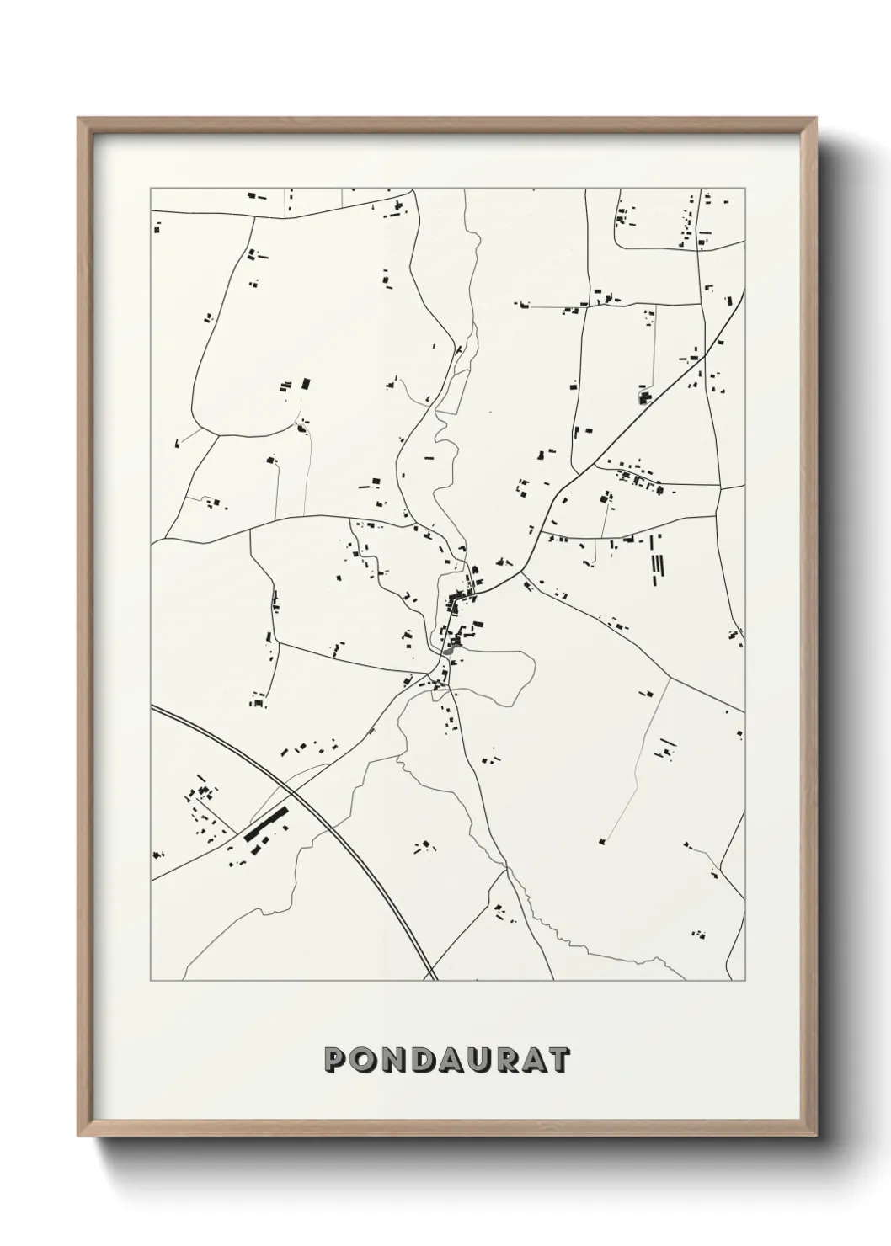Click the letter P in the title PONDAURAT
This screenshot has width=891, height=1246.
pos(335,1059)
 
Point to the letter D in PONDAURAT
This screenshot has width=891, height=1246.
pos(424,1059)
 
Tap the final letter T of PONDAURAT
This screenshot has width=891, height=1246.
pos(559,1059)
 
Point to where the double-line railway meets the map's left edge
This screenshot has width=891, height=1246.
pos(152,707)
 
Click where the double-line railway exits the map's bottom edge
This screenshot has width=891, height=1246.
pos(433,980)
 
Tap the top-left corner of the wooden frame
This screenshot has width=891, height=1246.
pos(78,118)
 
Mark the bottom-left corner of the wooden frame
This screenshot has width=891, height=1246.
pos(78,1134)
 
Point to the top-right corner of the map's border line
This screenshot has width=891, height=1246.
pos(745,188)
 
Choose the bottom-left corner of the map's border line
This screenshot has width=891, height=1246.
pos(151,981)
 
